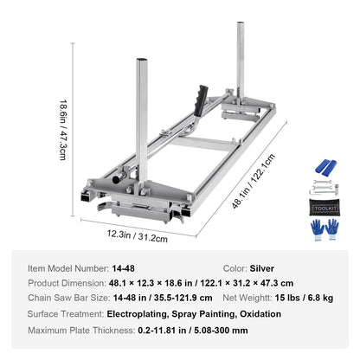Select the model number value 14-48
[122, 269]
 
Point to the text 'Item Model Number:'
[67, 269]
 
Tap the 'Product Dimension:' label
[68, 284]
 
